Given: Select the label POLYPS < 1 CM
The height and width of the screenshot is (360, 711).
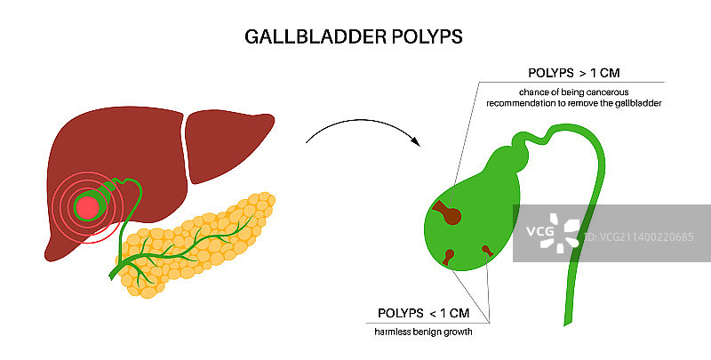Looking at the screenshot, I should click(423, 313).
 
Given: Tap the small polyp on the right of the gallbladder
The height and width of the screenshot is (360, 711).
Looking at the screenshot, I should click(487, 249).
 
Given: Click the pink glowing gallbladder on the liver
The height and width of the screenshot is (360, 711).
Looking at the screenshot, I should click(86, 208).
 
